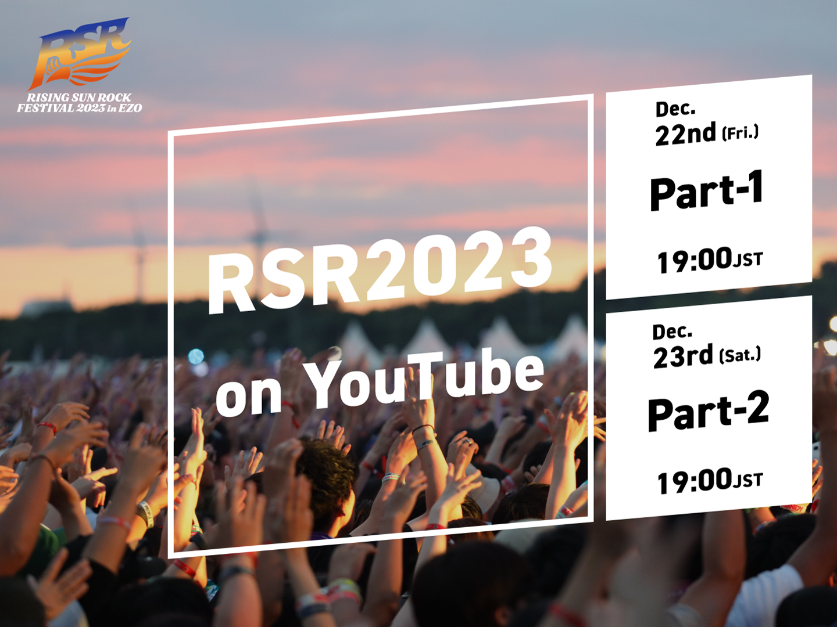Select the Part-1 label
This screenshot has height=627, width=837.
706,190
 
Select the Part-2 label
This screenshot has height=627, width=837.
708,410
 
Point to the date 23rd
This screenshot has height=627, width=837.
682,356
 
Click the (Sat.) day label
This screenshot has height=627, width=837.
740,355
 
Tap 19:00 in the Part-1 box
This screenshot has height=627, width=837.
694,261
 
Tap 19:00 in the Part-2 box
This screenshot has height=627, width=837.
695,481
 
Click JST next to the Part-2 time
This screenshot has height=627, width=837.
747,481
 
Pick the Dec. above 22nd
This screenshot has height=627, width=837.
675,109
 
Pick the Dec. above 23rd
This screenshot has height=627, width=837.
673,332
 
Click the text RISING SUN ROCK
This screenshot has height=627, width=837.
79,98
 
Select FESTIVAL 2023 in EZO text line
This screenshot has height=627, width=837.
79,108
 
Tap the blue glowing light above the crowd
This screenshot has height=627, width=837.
196,356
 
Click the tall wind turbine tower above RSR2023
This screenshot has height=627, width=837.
259,228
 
